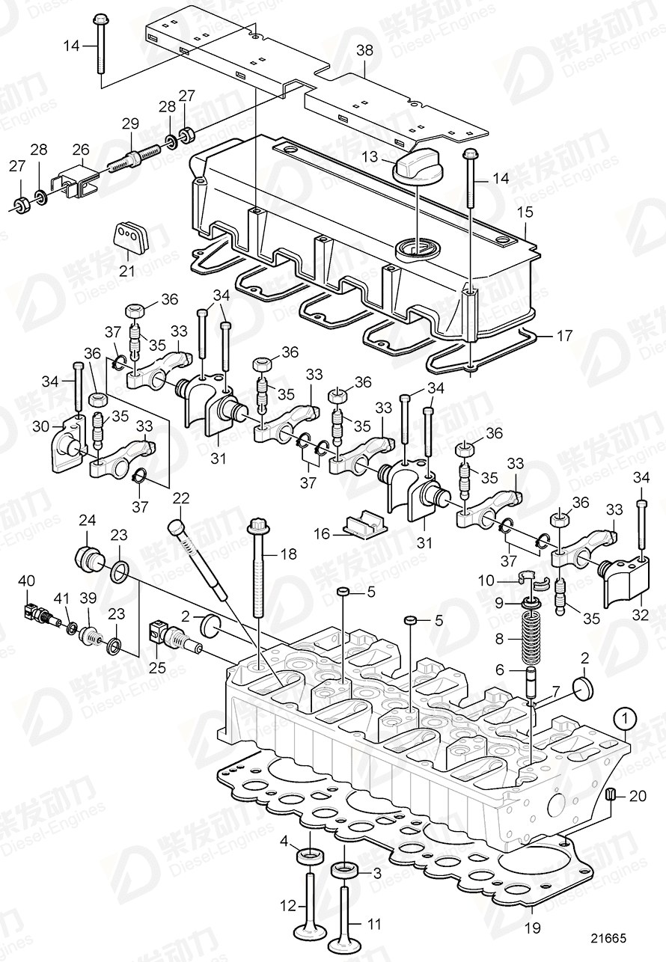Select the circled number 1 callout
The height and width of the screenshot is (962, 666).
click(x=626, y=720)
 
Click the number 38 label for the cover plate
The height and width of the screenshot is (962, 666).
click(x=364, y=52)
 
